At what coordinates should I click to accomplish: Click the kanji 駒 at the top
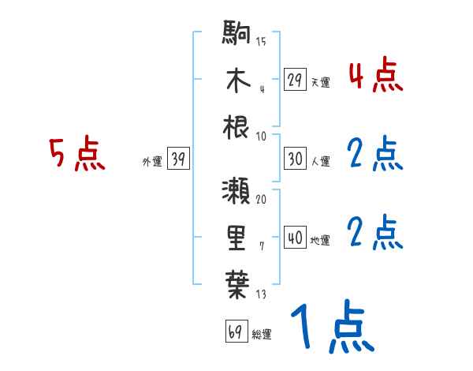(236, 36)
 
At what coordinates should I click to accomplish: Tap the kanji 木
(236, 81)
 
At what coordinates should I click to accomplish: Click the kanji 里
(236, 236)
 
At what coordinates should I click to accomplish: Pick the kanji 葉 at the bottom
(236, 282)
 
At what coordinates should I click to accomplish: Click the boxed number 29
(296, 79)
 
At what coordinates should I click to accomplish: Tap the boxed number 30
(296, 159)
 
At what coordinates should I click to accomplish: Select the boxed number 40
(296, 238)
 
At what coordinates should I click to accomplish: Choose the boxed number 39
(178, 159)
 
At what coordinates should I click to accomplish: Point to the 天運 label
(321, 82)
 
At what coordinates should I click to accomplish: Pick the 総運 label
(261, 334)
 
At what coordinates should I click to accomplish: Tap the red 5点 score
(76, 155)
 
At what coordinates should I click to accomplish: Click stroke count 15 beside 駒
(260, 41)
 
